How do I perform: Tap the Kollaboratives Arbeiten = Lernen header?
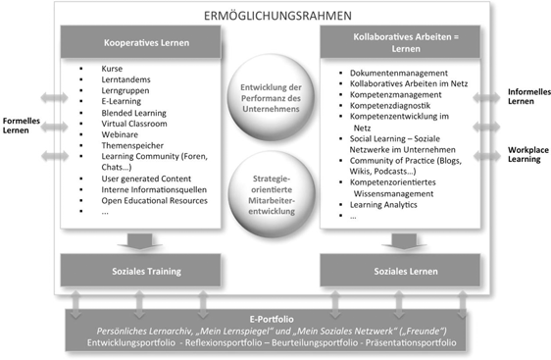click(x=402, y=43)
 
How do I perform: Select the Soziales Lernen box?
click(x=402, y=269)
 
